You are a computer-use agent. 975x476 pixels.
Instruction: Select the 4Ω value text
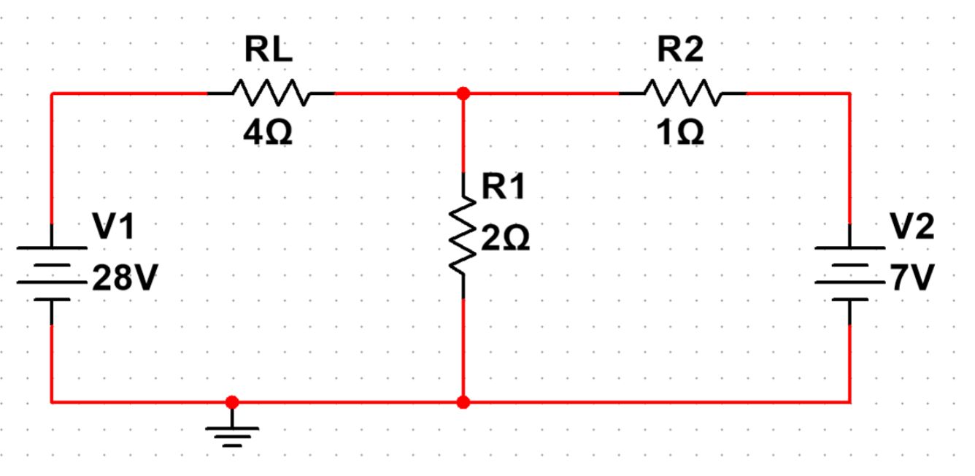tap(269, 133)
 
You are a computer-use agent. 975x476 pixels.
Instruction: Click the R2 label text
tap(680, 50)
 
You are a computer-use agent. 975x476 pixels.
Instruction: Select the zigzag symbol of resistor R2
tap(682, 93)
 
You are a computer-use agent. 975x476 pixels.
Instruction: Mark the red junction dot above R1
tap(463, 93)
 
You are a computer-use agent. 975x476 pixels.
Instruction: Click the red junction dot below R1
tap(463, 402)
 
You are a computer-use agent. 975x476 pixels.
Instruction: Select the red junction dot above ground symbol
tap(232, 402)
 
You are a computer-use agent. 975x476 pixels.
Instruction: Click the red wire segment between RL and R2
tap(540, 93)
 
